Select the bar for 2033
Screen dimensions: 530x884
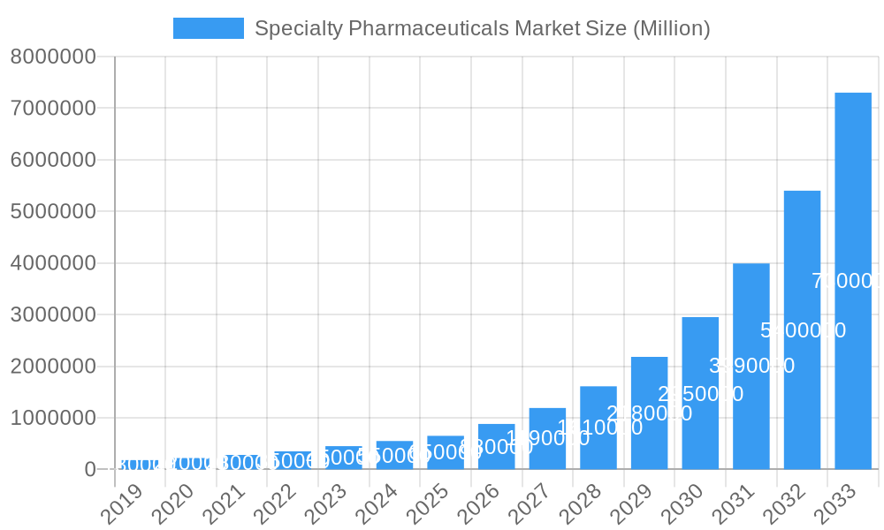853,281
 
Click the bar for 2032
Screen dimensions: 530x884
802,329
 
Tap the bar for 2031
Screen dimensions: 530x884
751,366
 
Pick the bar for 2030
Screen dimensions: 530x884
700,393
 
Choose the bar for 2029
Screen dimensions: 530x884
649,413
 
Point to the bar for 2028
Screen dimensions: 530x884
598,428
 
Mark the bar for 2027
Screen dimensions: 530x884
547,438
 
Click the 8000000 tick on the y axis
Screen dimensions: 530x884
53,57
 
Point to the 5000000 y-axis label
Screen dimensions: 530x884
53,212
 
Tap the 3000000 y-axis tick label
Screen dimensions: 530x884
53,315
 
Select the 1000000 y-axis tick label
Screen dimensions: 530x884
53,418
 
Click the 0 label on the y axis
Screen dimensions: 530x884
90,470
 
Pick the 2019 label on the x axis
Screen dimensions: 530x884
121,504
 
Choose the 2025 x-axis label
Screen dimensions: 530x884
427,504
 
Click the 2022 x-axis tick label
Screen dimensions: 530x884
274,504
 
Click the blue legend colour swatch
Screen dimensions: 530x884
209,28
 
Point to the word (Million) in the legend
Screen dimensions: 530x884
672,28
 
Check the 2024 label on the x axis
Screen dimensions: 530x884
376,504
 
